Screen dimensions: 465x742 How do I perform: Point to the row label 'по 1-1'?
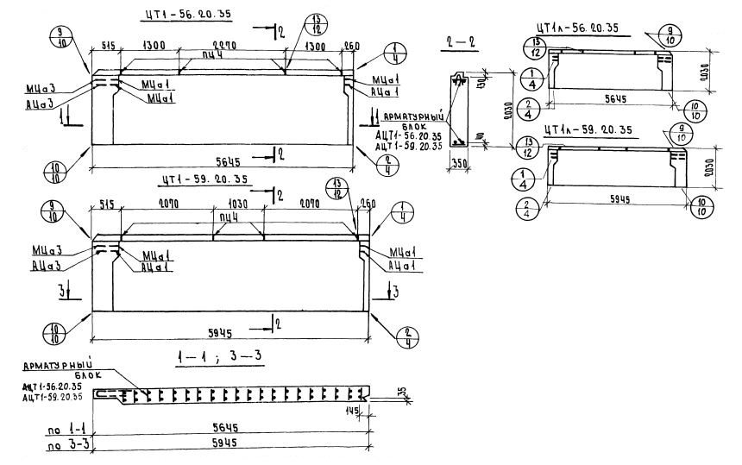point(62,429)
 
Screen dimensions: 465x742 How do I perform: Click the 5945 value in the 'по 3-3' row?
point(226,442)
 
